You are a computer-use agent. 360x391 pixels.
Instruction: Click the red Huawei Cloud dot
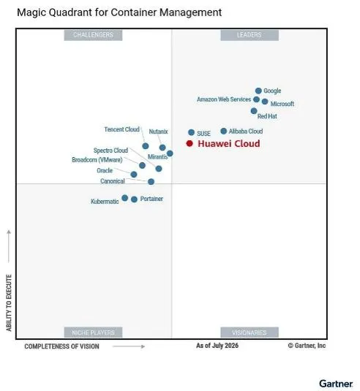[190, 143]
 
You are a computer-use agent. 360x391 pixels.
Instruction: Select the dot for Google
[258, 91]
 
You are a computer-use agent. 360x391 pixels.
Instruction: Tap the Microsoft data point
[265, 102]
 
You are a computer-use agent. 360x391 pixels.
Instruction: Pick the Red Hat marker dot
[254, 111]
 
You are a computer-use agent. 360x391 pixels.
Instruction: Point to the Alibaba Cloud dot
[224, 131]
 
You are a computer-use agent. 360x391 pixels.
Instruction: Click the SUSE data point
[191, 132]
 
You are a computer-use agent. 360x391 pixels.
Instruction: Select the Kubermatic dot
[125, 198]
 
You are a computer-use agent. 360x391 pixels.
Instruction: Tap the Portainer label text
[151, 199]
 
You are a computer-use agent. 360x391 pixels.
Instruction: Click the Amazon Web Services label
[224, 99]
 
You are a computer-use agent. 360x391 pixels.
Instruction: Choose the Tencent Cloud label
[122, 129]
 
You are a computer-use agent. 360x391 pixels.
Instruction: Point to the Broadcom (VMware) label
[97, 159]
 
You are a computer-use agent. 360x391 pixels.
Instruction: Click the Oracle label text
[105, 170]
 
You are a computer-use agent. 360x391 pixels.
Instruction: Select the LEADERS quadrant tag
[250, 35]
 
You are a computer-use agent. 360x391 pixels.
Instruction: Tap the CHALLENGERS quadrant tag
[93, 35]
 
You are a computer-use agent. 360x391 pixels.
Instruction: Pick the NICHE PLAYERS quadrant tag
[93, 333]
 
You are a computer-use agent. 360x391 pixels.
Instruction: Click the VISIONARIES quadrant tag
[250, 333]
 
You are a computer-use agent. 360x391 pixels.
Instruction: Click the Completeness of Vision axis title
[61, 346]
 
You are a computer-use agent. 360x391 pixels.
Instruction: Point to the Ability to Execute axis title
[9, 303]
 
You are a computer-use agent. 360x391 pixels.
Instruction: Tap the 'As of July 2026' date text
[217, 346]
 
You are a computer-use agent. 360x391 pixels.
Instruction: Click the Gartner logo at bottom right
[336, 383]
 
